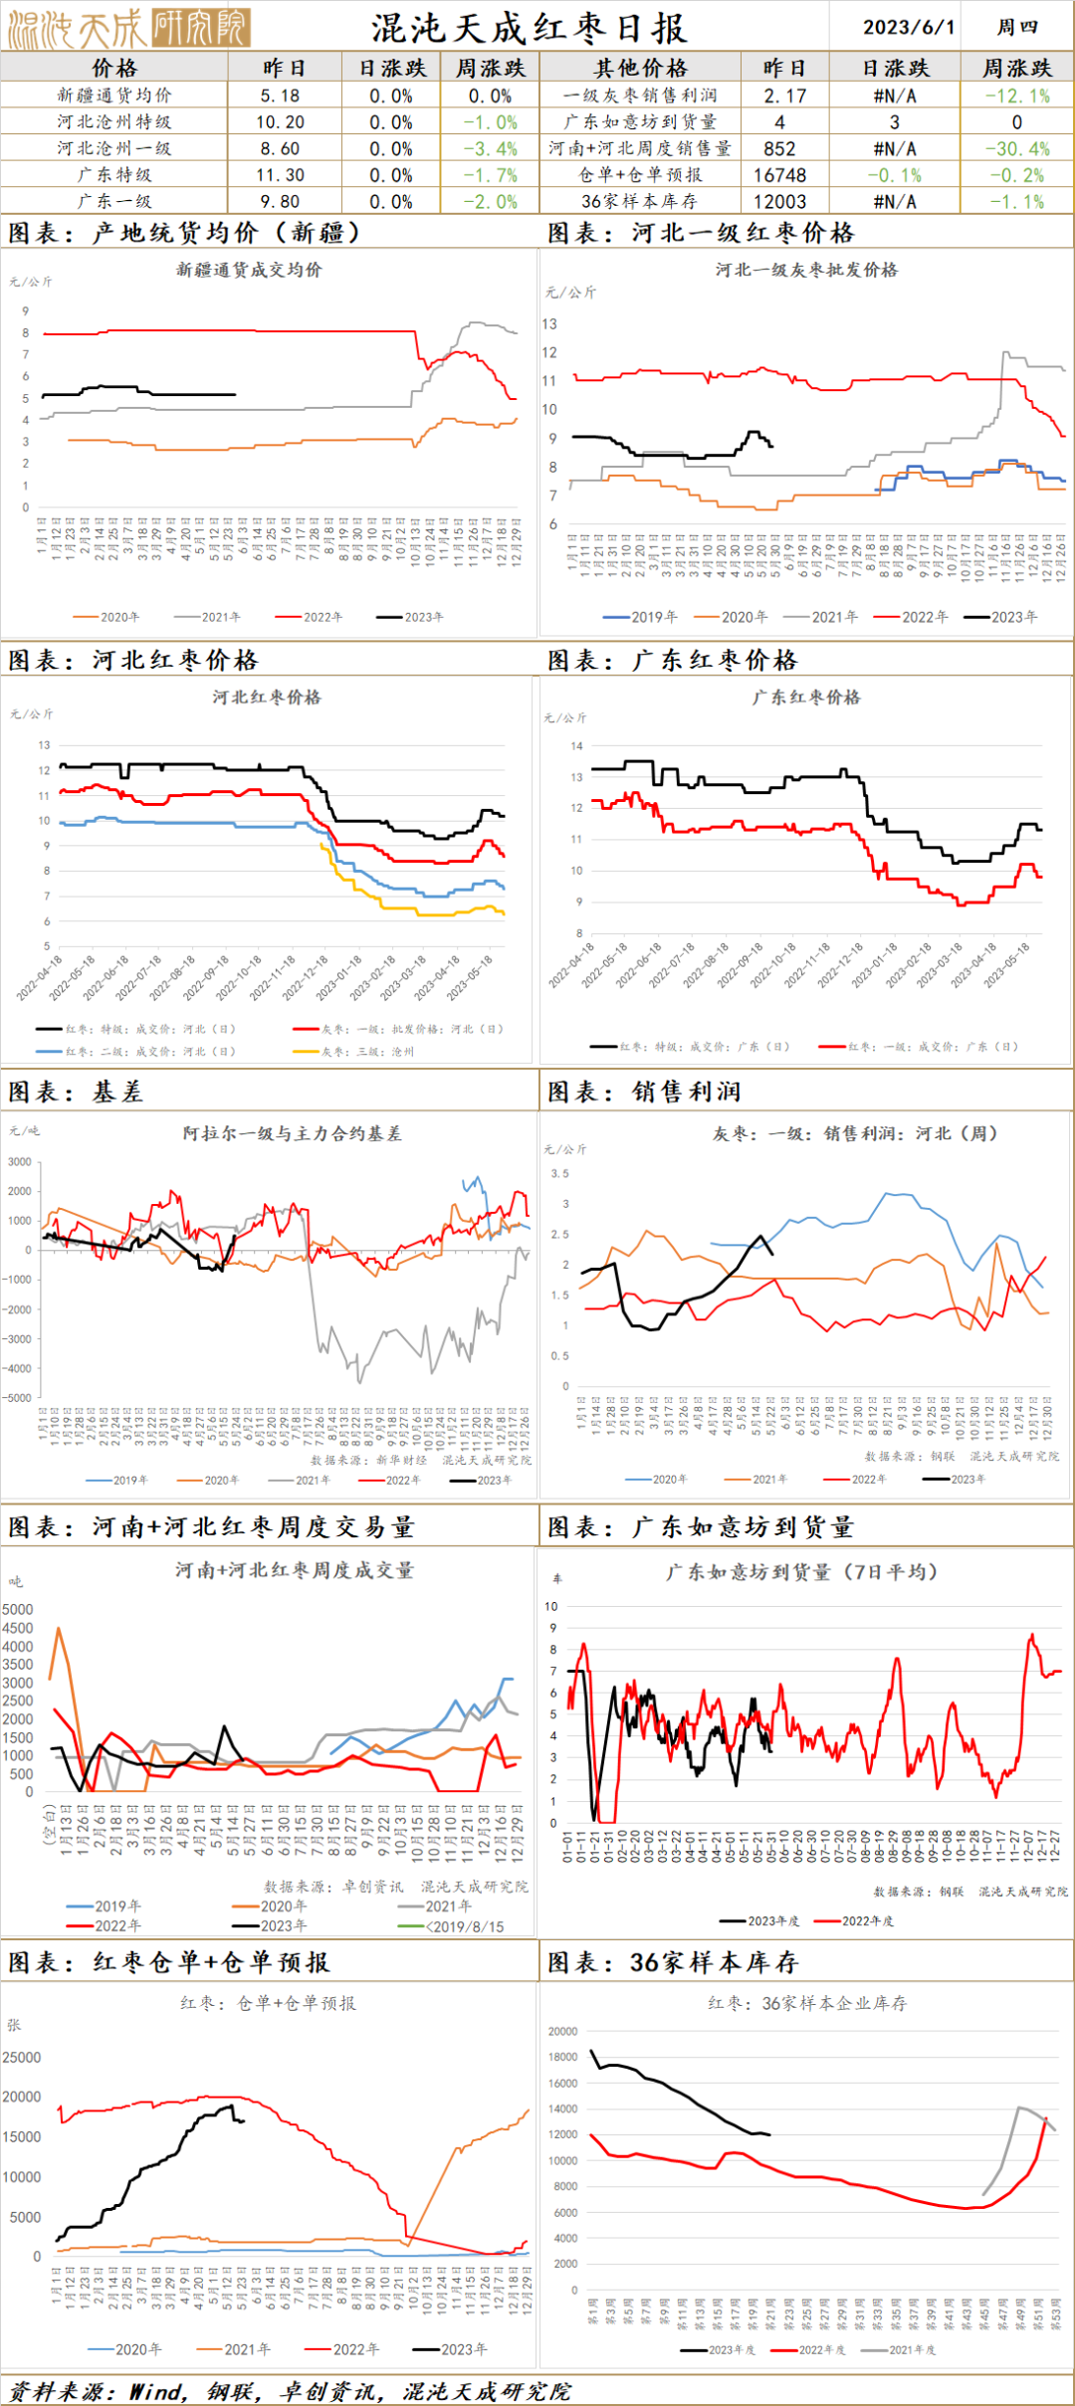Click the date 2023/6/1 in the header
click(908, 27)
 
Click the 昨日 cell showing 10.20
click(280, 121)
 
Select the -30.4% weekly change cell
click(1017, 148)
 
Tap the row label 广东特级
click(114, 174)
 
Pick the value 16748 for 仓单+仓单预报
click(779, 174)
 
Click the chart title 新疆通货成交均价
click(249, 270)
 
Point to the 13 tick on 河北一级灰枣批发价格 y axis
click(549, 324)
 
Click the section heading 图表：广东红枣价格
click(673, 660)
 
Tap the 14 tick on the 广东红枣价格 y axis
click(576, 745)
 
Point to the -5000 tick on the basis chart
click(18, 1398)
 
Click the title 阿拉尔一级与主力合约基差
click(292, 1133)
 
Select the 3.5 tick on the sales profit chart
click(560, 1174)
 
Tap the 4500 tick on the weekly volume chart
click(17, 1628)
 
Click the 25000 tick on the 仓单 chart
click(22, 2057)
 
